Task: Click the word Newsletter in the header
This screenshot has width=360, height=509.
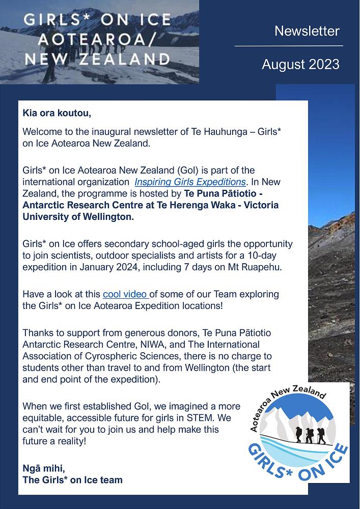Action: (x=307, y=31)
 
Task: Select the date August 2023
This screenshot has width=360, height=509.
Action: (x=300, y=65)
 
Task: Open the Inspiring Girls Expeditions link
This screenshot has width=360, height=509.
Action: (x=190, y=182)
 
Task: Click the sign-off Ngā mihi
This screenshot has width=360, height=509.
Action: (x=44, y=468)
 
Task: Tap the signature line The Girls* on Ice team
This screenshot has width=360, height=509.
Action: (x=72, y=479)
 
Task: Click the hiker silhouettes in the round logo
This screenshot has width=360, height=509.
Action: (x=308, y=435)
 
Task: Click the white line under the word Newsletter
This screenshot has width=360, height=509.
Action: (x=289, y=46)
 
